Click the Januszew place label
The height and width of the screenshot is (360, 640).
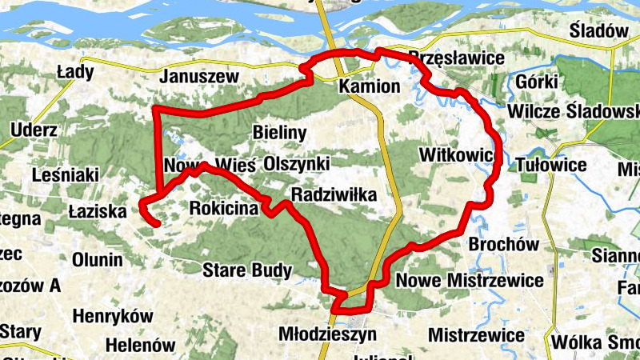pyautogui.click(x=200, y=77)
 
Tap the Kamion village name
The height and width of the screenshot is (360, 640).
pyautogui.click(x=369, y=86)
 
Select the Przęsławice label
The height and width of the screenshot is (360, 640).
pyautogui.click(x=456, y=58)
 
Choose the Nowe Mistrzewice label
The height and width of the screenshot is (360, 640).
pyautogui.click(x=470, y=281)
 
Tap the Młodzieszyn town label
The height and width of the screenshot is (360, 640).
pyautogui.click(x=324, y=332)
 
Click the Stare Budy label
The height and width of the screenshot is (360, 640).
pyautogui.click(x=246, y=270)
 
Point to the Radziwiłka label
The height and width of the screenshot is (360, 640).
pyautogui.click(x=334, y=194)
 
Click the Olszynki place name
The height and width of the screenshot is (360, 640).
pyautogui.click(x=297, y=163)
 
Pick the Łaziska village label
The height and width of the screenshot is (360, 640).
pyautogui.click(x=98, y=212)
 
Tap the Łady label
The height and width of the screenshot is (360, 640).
pyautogui.click(x=75, y=72)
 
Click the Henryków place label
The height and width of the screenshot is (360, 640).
pyautogui.click(x=112, y=316)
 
